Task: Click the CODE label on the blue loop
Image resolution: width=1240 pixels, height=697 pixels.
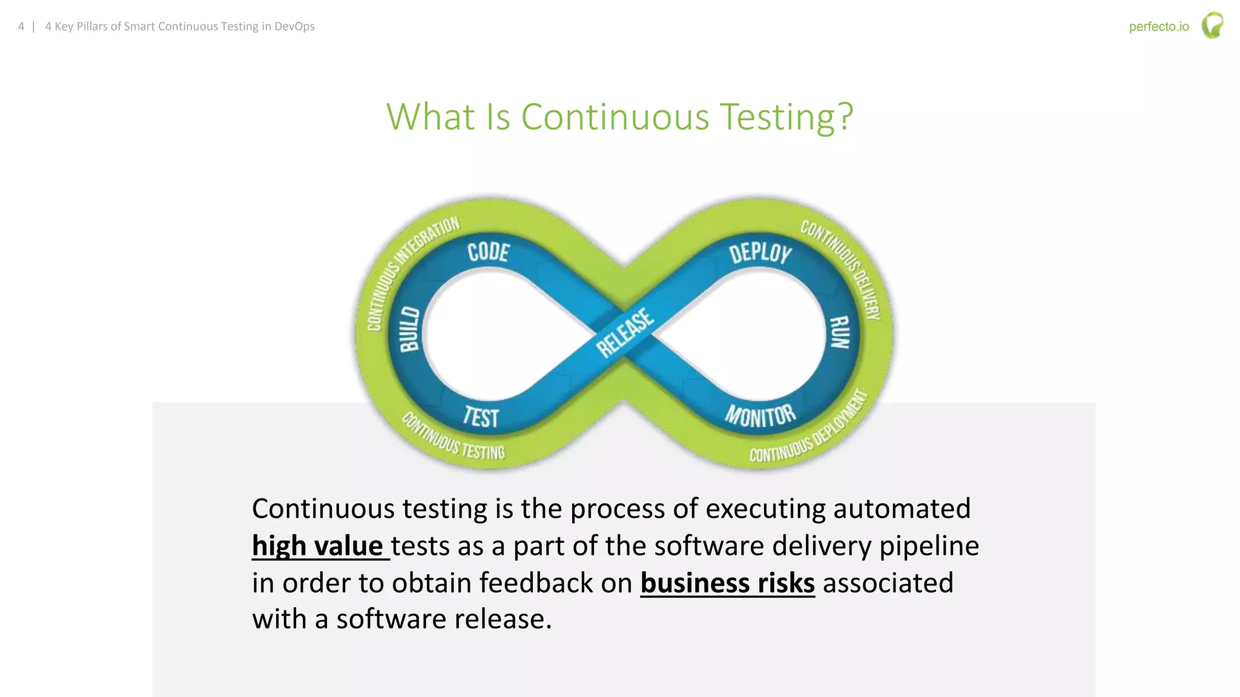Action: pyautogui.click(x=488, y=252)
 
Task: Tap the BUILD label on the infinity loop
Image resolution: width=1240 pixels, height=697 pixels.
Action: pyautogui.click(x=410, y=329)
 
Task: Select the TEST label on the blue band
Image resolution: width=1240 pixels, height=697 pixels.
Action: pyautogui.click(x=481, y=417)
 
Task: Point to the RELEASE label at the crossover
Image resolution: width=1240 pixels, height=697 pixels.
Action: pyautogui.click(x=625, y=333)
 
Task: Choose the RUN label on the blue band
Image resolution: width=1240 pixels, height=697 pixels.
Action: pyautogui.click(x=839, y=332)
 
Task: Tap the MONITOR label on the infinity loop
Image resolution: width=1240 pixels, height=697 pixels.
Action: pyautogui.click(x=760, y=416)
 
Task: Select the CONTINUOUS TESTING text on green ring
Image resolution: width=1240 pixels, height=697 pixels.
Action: pyautogui.click(x=453, y=438)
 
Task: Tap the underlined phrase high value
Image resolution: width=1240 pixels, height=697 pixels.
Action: pyautogui.click(x=318, y=546)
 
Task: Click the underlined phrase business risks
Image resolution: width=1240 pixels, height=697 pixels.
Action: pyautogui.click(x=727, y=583)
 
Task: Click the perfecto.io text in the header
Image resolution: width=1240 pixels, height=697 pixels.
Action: pyautogui.click(x=1158, y=27)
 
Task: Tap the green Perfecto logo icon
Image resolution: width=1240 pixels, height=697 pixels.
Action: pyautogui.click(x=1212, y=26)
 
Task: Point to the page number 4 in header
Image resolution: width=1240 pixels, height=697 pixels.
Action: pyautogui.click(x=21, y=27)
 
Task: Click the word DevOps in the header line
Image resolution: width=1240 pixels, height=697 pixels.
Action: pyautogui.click(x=294, y=27)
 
